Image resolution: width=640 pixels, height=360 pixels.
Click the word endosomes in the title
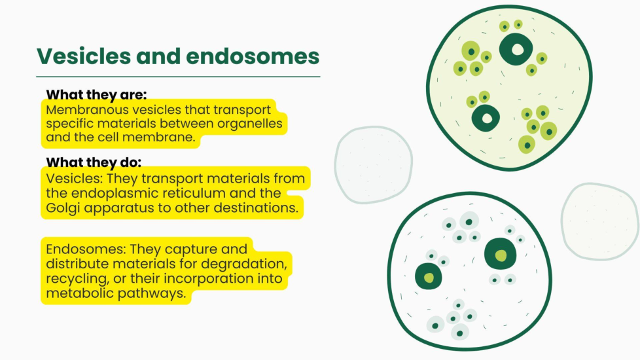point(253,56)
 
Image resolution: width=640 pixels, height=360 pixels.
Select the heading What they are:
point(96,95)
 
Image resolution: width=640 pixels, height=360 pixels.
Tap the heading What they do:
point(94,162)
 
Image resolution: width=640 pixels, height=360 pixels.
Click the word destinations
point(256,207)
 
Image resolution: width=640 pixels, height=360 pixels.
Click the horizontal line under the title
point(178,77)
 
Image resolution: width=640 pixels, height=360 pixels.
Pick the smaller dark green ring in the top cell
point(477,118)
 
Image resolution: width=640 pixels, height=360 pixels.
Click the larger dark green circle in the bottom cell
point(501,254)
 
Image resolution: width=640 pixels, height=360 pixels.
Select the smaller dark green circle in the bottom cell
point(428,277)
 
